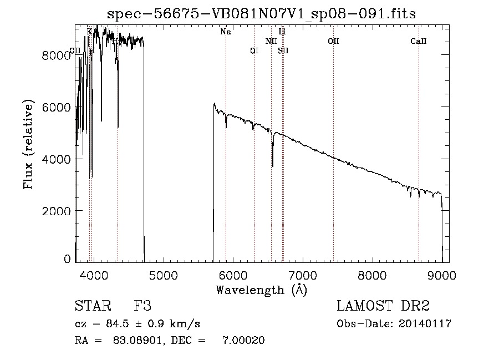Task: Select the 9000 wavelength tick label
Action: point(442,275)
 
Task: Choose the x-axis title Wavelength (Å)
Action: point(261,290)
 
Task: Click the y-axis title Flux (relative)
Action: point(28,145)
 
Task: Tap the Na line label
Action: point(226,32)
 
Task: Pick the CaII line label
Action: point(419,41)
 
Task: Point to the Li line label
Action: point(282,32)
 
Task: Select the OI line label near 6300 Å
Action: point(254,50)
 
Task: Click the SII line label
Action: point(283,50)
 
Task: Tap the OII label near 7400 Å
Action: point(333,41)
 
